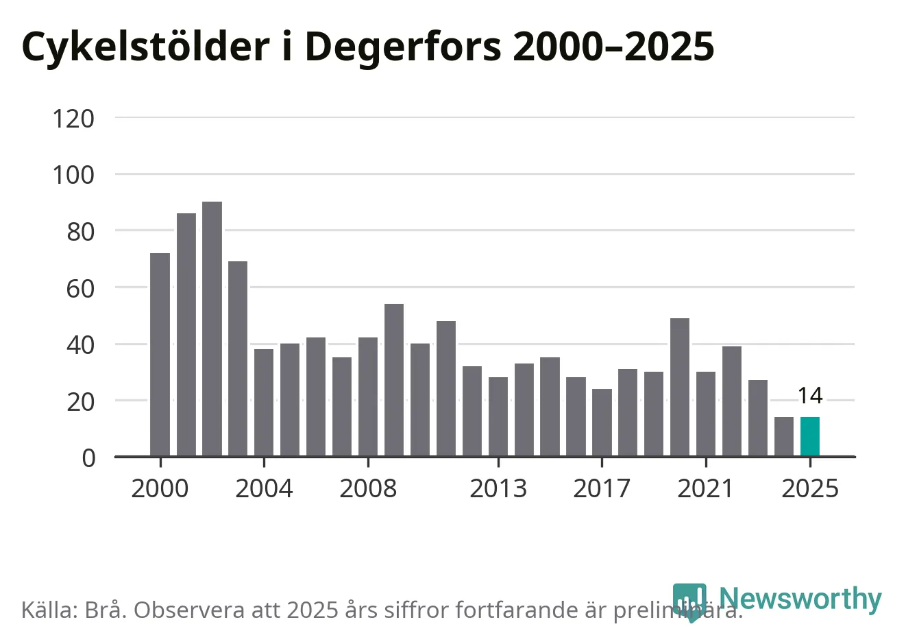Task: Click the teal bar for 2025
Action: click(810, 437)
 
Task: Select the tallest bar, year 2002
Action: click(212, 329)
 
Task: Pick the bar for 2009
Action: click(394, 380)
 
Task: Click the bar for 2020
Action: click(680, 387)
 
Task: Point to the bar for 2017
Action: click(602, 422)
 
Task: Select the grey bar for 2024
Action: click(784, 437)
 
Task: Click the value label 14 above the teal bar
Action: click(810, 396)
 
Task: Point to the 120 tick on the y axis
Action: click(73, 119)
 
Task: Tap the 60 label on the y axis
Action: click(80, 288)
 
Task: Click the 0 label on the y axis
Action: click(88, 457)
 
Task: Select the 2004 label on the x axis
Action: click(264, 488)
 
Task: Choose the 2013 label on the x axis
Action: click(498, 488)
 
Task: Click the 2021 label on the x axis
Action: click(705, 488)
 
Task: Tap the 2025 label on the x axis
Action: click(810, 488)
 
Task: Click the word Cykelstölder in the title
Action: click(145, 47)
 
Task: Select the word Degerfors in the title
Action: click(403, 47)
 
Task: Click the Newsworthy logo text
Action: click(800, 599)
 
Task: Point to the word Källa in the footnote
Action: click(49, 610)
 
